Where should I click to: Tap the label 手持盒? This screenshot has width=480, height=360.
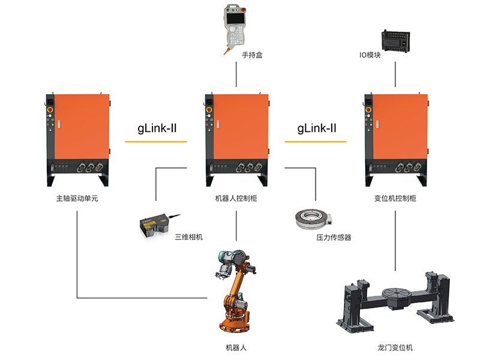[x=253, y=55]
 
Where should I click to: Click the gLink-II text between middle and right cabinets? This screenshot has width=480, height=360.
[x=317, y=128]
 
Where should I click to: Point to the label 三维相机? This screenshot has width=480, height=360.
[x=188, y=237]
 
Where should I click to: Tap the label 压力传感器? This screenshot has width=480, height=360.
[x=334, y=238]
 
